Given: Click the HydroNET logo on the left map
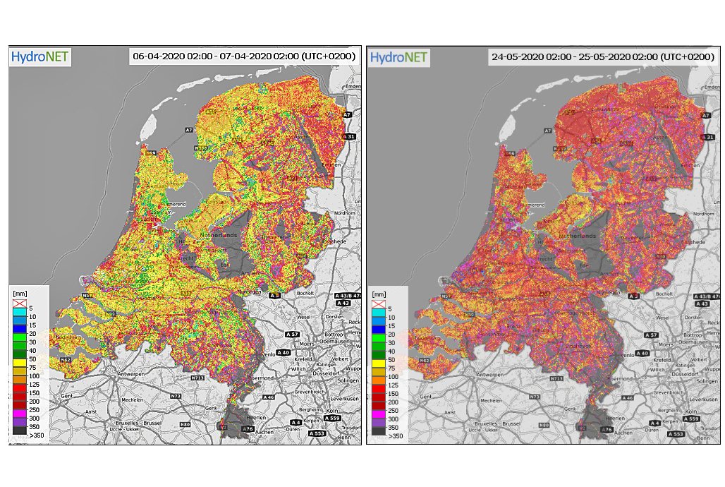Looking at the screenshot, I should (39, 56).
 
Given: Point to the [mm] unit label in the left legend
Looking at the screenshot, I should (19, 294).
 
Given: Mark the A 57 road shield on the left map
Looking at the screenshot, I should (292, 334).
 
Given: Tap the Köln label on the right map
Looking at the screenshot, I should (690, 411).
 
